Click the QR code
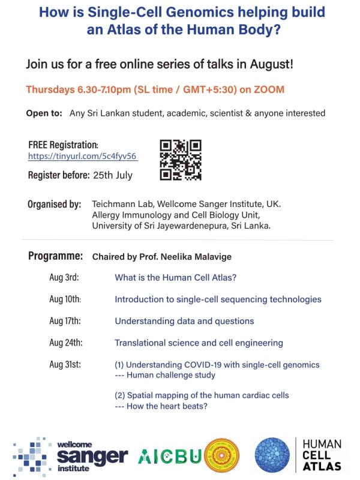pos(181,160)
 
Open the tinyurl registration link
pos(83,157)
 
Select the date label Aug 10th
pos(65,299)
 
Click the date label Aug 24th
pos(66,343)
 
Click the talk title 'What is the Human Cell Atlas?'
pos(176,278)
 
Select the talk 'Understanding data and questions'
pos(184,321)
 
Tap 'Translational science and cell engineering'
pos(199,343)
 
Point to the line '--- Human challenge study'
pos(164,375)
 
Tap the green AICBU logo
pos(169,457)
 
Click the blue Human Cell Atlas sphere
pos(274,455)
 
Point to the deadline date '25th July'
pos(113,176)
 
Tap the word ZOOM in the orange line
pos(269,89)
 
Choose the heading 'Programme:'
pos(55,256)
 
